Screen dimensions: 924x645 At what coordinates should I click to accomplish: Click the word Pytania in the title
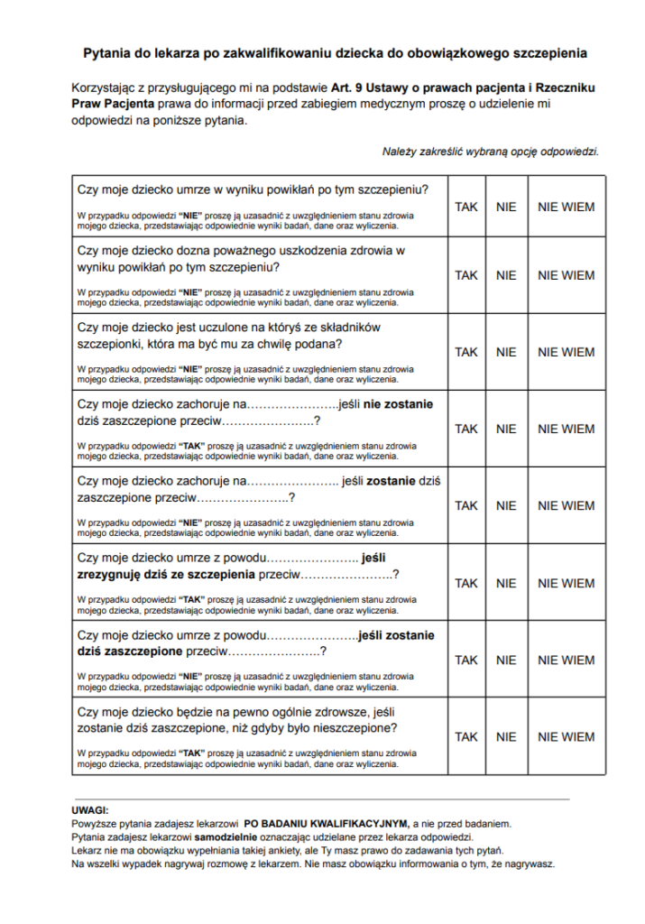(x=106, y=53)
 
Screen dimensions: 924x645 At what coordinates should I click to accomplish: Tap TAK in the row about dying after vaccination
(x=466, y=207)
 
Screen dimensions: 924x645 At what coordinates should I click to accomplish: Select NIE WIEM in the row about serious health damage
(x=566, y=275)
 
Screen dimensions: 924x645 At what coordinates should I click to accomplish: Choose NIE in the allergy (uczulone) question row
(x=506, y=352)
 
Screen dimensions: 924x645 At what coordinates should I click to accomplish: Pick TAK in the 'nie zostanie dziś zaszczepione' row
(x=466, y=429)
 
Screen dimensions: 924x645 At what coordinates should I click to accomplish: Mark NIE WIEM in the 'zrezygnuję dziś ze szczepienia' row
(x=566, y=583)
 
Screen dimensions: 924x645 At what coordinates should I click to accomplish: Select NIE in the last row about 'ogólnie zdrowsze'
(x=506, y=736)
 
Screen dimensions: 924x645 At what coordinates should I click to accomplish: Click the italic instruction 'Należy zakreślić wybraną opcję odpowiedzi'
(x=491, y=151)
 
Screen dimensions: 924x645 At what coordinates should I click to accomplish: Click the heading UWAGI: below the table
(x=90, y=810)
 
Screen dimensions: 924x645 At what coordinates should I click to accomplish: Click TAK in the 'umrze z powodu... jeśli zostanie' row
(x=466, y=660)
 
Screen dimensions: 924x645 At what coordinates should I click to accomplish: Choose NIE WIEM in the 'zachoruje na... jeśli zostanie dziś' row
(x=566, y=505)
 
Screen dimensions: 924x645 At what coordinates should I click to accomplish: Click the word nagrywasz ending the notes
(x=527, y=864)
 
